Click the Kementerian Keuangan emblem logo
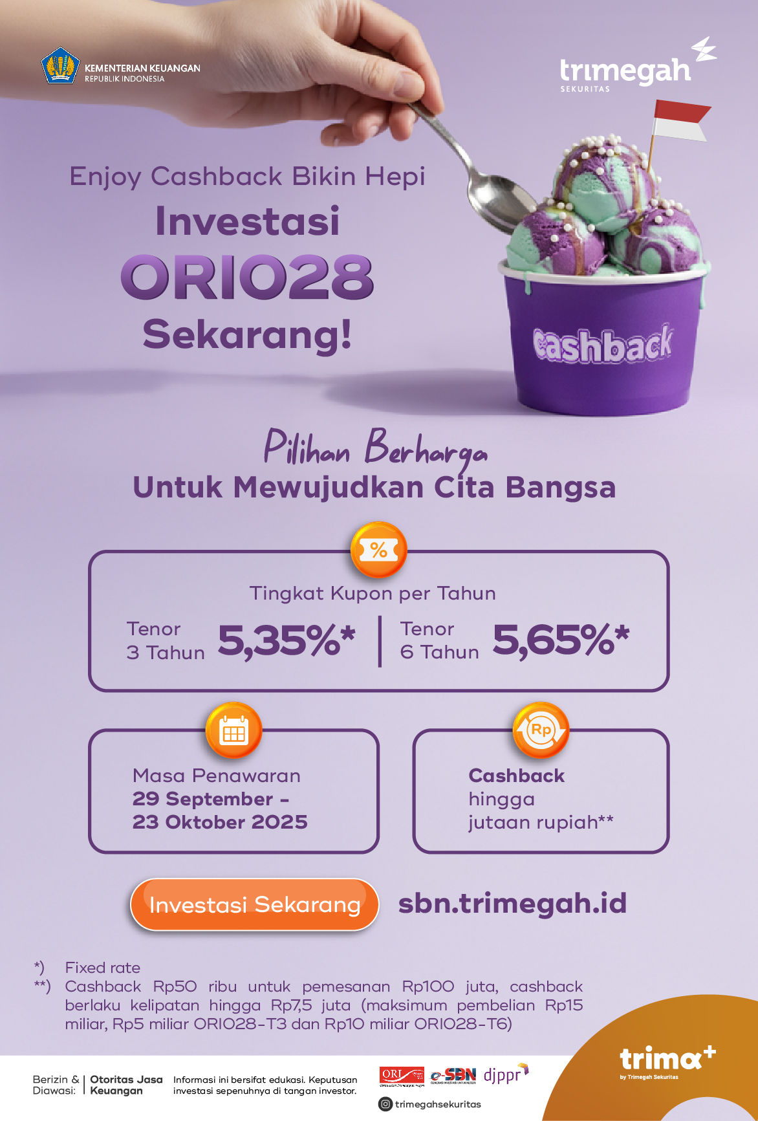coord(60,65)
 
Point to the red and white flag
coord(681,120)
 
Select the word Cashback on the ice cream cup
coord(603,344)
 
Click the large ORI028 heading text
coord(247,278)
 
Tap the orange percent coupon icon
coord(379,550)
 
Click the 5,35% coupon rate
coord(287,640)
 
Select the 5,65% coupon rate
coord(561,640)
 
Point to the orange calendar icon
coord(234,731)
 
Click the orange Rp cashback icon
coord(541,731)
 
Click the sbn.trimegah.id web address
coord(512,904)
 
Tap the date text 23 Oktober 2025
coord(220,822)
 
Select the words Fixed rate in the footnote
coord(103,968)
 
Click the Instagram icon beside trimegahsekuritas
coord(385,1104)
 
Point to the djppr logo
coord(506,1074)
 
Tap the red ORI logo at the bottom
coord(402,1076)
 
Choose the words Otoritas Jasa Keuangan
coord(126,1085)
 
